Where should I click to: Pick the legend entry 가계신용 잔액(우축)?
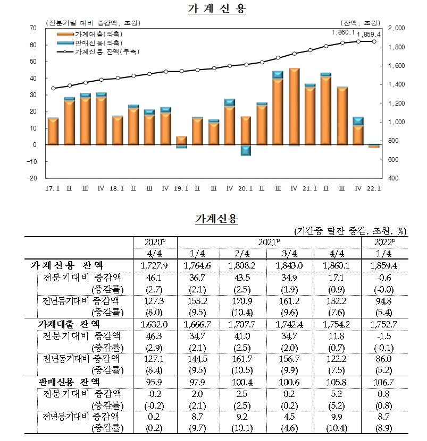click(x=101, y=52)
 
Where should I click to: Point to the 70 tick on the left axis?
click(x=34, y=28)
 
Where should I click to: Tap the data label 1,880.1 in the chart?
click(x=342, y=32)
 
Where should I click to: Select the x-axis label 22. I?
click(x=374, y=188)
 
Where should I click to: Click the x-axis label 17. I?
click(x=52, y=188)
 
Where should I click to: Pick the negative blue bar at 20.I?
click(x=246, y=150)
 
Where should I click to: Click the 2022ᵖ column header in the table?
click(x=384, y=242)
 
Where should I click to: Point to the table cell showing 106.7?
click(x=384, y=382)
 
